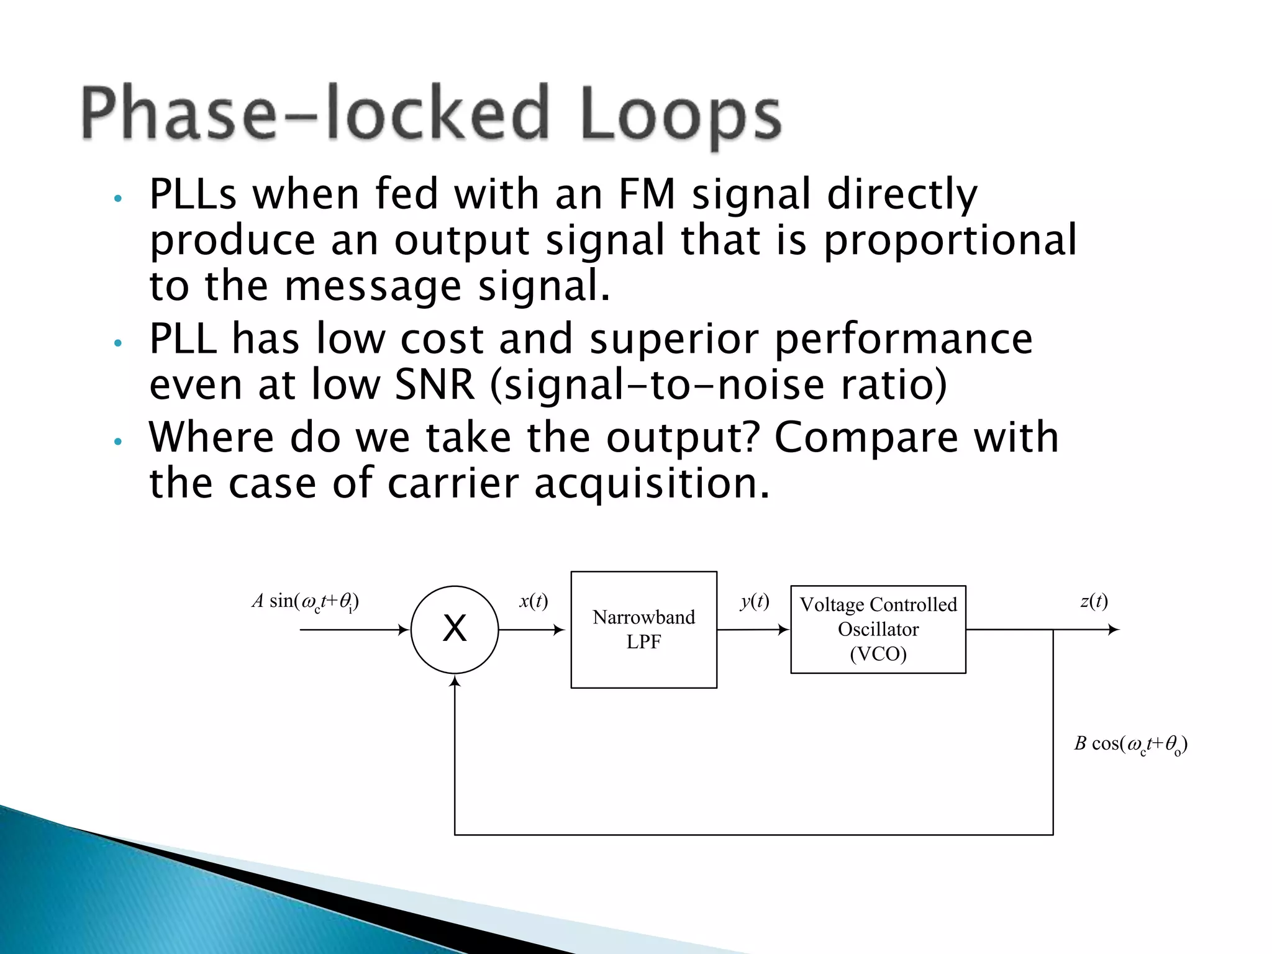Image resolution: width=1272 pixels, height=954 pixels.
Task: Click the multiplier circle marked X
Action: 454,629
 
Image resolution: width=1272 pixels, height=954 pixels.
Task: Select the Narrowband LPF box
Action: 643,629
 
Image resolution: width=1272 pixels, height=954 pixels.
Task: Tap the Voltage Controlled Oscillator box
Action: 878,629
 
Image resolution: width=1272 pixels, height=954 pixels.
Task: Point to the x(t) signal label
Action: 534,601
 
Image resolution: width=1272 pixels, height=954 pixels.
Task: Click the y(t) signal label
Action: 755,601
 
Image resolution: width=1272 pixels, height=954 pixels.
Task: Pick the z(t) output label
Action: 1094,601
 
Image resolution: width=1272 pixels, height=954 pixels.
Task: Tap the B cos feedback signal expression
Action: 1130,744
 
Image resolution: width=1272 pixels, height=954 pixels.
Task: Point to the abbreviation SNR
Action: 434,385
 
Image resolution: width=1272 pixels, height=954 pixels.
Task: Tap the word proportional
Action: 950,241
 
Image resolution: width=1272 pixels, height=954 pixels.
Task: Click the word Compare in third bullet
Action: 865,437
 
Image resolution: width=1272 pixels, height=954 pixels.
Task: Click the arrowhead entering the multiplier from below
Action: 455,681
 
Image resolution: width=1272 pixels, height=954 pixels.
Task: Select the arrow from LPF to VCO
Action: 753,629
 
